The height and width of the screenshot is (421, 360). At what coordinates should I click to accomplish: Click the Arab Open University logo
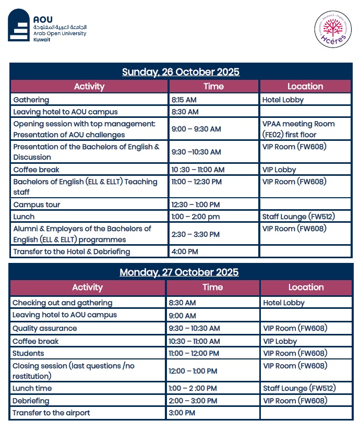coord(47,26)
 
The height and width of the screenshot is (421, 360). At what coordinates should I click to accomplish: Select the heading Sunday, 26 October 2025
coord(181,72)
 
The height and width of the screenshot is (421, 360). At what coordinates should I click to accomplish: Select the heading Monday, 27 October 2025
coord(179,272)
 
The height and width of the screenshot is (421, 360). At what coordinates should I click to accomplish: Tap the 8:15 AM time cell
coord(184,100)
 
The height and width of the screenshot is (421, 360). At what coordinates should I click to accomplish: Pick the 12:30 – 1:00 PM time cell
coord(196,205)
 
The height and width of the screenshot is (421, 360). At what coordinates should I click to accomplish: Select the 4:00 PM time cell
coord(185,251)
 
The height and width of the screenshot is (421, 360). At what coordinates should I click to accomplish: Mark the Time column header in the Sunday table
coord(213,87)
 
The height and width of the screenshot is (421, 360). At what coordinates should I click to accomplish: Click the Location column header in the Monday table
coord(306,287)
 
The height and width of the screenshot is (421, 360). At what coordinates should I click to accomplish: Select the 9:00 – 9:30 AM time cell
coord(196,129)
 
